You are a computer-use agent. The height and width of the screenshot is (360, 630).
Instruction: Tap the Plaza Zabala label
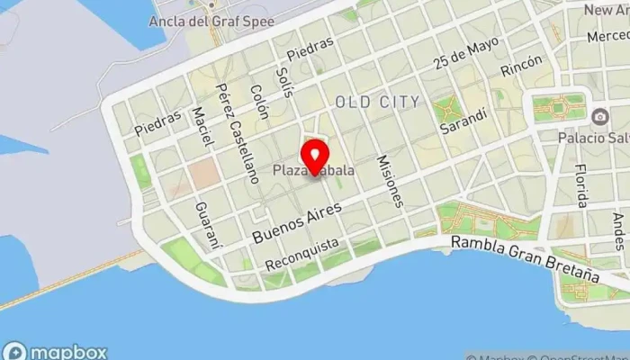coord(313,170)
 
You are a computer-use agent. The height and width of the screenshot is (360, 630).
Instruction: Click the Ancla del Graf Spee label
coord(207,20)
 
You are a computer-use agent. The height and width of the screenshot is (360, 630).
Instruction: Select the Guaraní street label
coord(206,224)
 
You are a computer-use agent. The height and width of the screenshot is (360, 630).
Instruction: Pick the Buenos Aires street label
coord(297,221)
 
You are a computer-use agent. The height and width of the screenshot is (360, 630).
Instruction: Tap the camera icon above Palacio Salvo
coord(599,116)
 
